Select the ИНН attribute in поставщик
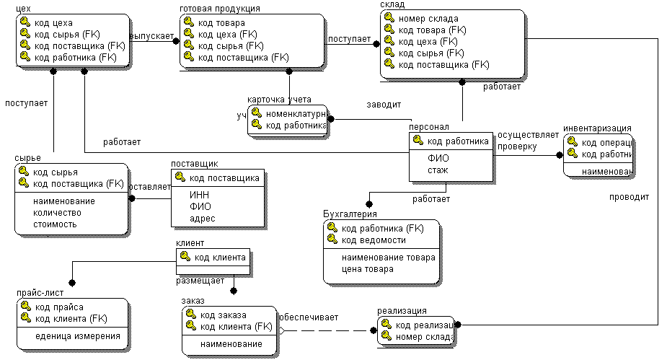[199, 195]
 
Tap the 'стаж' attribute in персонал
[438, 170]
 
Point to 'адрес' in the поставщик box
[202, 218]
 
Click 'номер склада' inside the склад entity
[428, 19]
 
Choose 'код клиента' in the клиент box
[220, 257]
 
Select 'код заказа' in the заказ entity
[223, 315]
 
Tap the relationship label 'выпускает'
[153, 35]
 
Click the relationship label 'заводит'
[384, 105]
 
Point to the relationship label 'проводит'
[629, 196]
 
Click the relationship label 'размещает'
[200, 280]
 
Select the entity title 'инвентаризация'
[597, 128]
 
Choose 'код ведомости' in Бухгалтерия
[370, 240]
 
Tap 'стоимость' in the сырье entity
[55, 224]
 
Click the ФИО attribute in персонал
[438, 159]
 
